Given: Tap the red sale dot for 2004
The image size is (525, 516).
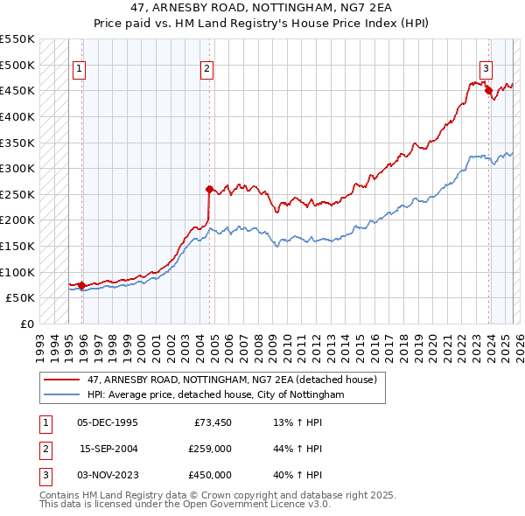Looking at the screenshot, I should coord(209,189).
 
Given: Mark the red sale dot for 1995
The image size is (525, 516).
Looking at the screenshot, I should coord(81,285).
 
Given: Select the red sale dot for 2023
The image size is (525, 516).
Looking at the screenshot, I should coord(488,90).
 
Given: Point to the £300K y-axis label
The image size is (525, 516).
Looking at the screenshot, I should coord(17,168).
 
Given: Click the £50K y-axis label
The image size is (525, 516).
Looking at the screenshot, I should coord(21,297).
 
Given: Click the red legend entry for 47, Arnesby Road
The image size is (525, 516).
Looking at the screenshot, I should coord(231,380).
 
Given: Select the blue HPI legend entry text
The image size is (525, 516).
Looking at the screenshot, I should coord(215,395).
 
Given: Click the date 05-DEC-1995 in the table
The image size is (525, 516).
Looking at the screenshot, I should coord(108,424).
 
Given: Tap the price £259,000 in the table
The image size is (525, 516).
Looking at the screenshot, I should coord(209,450).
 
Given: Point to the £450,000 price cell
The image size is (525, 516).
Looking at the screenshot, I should coord(209,475).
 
